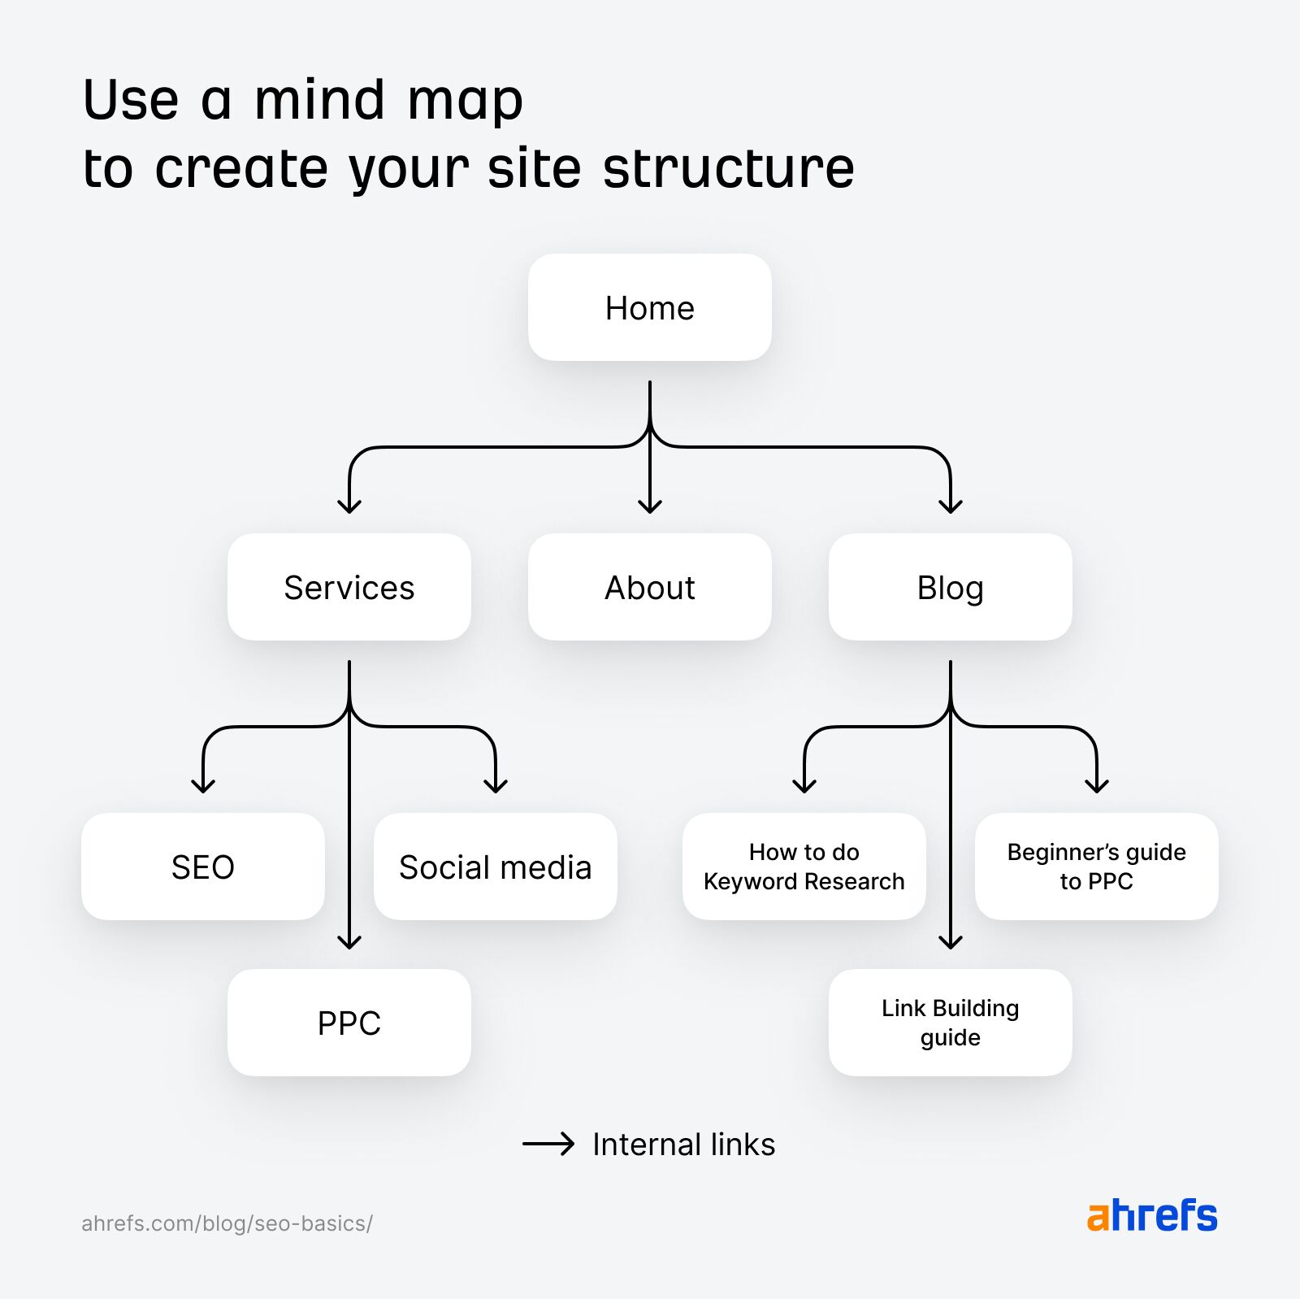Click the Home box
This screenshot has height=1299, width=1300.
click(x=649, y=308)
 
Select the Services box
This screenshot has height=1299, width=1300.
click(x=349, y=587)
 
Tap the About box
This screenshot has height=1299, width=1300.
click(x=649, y=587)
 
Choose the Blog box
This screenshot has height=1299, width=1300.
click(x=950, y=587)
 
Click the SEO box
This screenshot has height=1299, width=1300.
click(x=203, y=867)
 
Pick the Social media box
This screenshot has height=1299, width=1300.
click(x=495, y=867)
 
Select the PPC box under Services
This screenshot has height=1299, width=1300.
click(x=349, y=1023)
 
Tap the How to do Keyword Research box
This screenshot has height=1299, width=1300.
click(x=804, y=867)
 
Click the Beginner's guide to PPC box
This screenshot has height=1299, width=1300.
click(x=1096, y=867)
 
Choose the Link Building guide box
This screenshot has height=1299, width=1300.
click(x=950, y=1023)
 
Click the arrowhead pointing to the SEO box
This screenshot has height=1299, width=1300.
click(x=203, y=786)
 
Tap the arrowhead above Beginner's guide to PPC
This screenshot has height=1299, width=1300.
click(x=1097, y=786)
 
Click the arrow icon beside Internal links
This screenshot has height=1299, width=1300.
click(x=548, y=1145)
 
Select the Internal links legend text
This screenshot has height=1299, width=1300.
click(x=683, y=1145)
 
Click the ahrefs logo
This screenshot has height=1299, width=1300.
click(x=1152, y=1216)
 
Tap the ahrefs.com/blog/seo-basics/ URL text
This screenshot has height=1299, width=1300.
click(x=227, y=1223)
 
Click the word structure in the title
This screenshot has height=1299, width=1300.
click(x=729, y=169)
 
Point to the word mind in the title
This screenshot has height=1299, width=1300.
click(x=319, y=101)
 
